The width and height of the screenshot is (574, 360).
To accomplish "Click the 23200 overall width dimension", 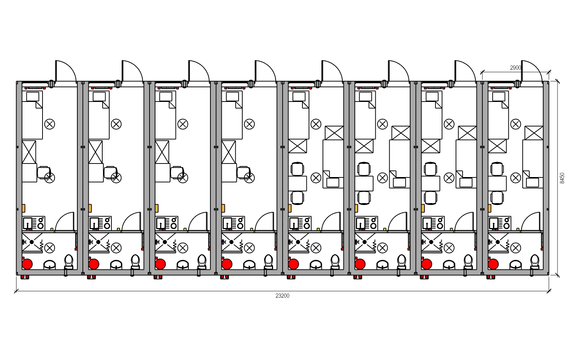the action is coord(282,296).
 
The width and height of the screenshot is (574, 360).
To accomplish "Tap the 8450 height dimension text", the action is coord(562,178).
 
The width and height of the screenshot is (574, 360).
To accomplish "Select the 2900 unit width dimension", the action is coord(516,68).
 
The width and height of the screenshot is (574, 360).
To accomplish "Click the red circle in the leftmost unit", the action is coord(27,264).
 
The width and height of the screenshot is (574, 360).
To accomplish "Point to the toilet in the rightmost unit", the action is coord(534,261).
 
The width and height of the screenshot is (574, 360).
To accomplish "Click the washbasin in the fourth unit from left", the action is coord(249,265).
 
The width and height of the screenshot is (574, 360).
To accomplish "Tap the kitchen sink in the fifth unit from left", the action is coord(294,223).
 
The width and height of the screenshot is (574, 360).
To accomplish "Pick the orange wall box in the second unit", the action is coord(90,208).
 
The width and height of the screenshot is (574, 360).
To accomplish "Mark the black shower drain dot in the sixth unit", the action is coord(364,242).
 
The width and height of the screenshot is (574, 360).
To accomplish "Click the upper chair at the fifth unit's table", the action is coord(297,169).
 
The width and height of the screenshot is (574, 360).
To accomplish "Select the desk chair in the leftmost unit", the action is coord(44,172).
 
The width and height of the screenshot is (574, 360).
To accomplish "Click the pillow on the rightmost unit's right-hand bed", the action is coord(532,183).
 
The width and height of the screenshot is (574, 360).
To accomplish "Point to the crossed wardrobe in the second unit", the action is coord(96,152).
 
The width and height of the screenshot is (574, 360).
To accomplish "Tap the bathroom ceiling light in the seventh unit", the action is coord(449,248).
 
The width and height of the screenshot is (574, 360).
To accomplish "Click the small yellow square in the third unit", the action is coord(185,229).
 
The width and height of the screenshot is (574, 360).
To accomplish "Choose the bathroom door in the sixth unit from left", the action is coord(398,221).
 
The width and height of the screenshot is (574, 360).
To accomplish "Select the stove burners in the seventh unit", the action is coord(440,223).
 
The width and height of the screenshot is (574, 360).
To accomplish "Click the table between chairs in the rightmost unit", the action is coord(497,183).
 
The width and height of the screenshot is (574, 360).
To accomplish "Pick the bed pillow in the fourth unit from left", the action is coord(232,97).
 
